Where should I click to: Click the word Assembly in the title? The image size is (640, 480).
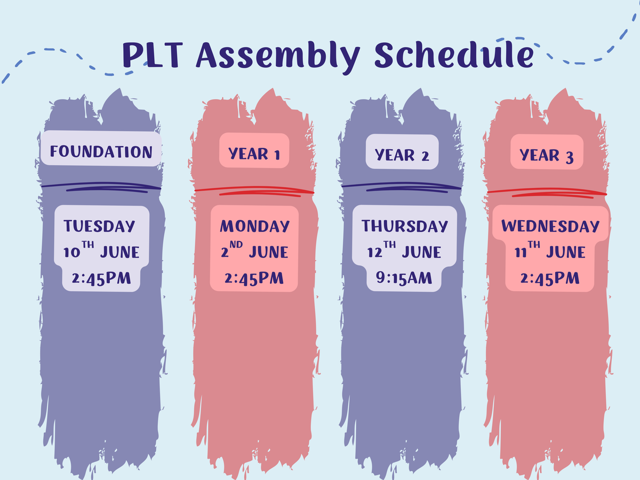tap(278, 57)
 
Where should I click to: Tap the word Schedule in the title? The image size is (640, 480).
tap(454, 55)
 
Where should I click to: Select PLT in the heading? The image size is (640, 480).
tap(153, 55)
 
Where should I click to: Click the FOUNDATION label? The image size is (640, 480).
tap(101, 151)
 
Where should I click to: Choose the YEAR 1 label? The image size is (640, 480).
tap(254, 154)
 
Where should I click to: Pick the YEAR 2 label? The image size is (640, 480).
tap(402, 155)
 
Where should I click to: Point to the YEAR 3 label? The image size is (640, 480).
tap(547, 155)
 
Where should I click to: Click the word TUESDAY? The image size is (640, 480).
tap(99, 226)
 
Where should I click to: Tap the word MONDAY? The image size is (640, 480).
tap(254, 226)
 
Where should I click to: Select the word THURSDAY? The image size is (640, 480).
tap(405, 226)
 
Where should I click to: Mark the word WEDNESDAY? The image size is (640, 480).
tap(550, 226)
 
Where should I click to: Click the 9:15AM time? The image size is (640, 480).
tap(404, 278)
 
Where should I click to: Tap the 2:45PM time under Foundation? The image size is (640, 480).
tap(101, 278)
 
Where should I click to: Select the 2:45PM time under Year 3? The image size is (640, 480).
tap(550, 278)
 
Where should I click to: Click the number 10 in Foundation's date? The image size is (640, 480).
tap(71, 252)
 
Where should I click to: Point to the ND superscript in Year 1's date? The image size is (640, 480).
tap(236, 244)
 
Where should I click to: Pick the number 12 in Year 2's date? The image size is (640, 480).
tap(375, 252)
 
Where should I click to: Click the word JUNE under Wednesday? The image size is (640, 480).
tap(566, 252)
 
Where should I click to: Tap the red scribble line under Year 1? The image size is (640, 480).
tap(254, 191)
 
